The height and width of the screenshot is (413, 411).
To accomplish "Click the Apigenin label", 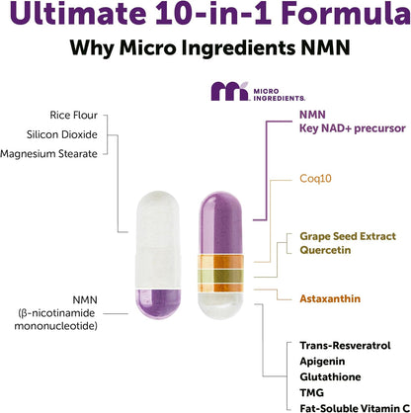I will point(320,361).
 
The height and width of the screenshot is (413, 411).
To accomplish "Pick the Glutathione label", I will point(327,376).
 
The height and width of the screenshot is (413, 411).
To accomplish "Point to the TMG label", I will point(310,392).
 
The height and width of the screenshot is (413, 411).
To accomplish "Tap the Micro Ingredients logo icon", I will point(227,92).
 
